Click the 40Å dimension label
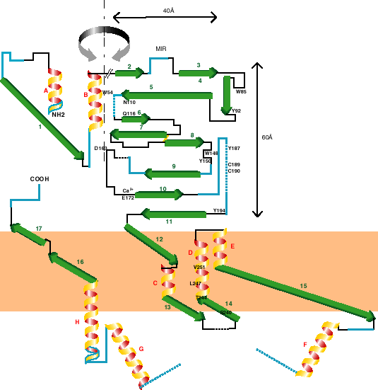(169, 11)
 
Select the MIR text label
(161, 49)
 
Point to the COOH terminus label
(40, 179)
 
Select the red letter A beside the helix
(45, 91)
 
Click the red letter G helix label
(141, 348)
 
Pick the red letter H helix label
(77, 322)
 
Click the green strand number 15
(303, 285)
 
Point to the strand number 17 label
(39, 228)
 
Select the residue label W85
(241, 91)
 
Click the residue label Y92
(236, 110)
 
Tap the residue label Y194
(219, 212)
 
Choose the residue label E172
(128, 197)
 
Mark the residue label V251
(199, 267)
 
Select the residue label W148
(211, 153)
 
